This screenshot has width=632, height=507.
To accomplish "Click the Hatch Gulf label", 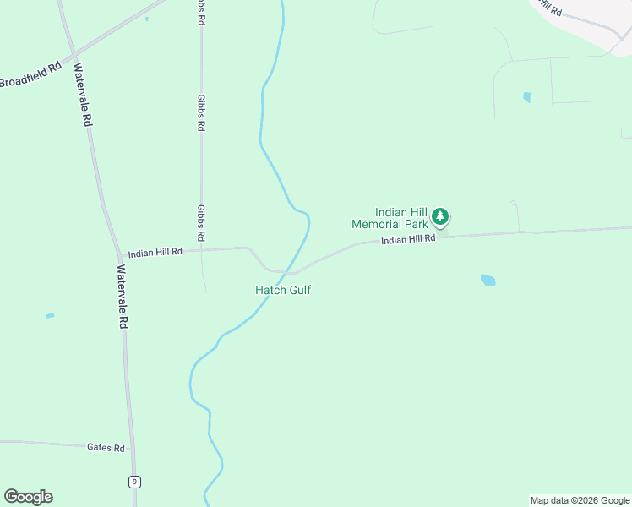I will pos(283,290).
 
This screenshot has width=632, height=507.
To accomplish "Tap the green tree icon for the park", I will pos(439,217).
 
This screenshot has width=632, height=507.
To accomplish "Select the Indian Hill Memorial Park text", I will pos(390,219).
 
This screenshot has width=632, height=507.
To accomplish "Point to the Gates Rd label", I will pos(106,447).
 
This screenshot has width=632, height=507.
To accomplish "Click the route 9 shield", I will pos(134,482).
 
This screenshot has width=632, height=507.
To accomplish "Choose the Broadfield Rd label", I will pos(31,75).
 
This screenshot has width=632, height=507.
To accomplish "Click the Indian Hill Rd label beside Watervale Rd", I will pos(155,252).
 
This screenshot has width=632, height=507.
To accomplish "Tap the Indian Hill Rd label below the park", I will pos(408,240).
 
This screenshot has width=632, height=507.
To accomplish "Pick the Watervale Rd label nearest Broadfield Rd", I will pos(82,95).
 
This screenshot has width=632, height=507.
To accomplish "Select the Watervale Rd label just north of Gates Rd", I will pos(123,297).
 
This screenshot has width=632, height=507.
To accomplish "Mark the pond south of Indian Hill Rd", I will pos(488,280).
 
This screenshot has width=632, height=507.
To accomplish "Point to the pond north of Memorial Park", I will pos(527,97).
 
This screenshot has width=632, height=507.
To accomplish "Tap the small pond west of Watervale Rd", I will pos(50,316).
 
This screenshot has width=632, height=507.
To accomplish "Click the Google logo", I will pos(28,497).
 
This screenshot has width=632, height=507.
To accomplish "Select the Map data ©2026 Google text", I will pos(580,500).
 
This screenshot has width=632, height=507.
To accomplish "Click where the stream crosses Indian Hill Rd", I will pos(292,272).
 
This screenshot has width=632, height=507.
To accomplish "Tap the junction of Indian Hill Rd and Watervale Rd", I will pos(119,255).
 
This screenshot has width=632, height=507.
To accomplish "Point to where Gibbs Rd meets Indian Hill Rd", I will pos(202,249).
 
